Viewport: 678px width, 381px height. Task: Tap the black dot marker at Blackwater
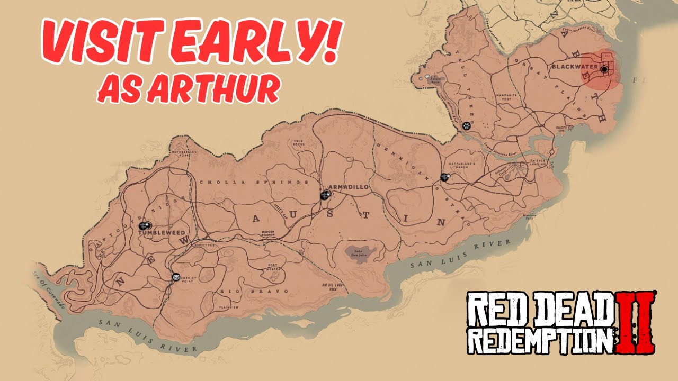[x=604, y=69]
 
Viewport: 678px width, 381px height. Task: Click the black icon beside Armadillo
[x=325, y=195]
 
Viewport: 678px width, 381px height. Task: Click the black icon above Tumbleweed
[x=145, y=225]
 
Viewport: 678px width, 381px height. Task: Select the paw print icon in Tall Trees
[x=466, y=126]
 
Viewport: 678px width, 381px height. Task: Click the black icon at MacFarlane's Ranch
[x=444, y=177]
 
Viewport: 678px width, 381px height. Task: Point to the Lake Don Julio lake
[x=361, y=252]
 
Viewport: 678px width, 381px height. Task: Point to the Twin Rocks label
[x=300, y=143]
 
